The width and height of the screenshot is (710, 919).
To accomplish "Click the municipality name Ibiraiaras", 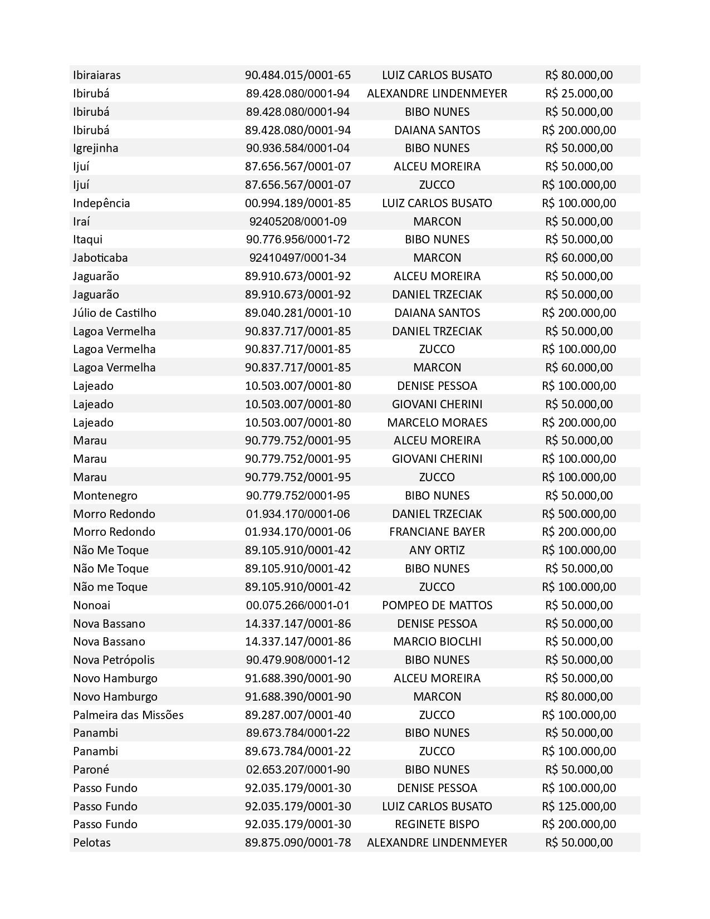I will (96, 75).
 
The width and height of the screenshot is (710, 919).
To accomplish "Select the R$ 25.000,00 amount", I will (579, 93).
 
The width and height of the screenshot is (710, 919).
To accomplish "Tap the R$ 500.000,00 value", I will (579, 514).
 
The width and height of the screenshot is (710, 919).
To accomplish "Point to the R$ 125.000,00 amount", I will (579, 806).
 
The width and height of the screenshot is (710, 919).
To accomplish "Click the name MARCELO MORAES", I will (437, 422).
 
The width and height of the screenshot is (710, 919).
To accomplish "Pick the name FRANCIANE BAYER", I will (437, 532).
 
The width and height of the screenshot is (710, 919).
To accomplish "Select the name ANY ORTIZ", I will (437, 550).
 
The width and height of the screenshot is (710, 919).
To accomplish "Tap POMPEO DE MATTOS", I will (437, 605).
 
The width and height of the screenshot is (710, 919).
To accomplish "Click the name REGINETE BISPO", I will (437, 824).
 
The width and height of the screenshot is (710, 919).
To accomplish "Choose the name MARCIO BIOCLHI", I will (437, 642).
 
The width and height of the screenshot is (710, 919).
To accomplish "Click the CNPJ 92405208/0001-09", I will (298, 221).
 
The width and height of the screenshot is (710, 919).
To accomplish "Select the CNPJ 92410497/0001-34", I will (298, 258).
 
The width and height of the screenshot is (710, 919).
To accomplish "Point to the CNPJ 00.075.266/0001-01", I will (298, 605).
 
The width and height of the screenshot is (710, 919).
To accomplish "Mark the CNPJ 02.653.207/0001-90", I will (298, 770).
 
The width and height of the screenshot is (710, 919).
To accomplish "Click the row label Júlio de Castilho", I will (114, 312).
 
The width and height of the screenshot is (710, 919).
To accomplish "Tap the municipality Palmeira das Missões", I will (128, 715).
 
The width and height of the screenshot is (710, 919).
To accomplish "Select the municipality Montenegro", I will (105, 496).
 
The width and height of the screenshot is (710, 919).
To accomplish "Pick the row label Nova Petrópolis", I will (114, 660).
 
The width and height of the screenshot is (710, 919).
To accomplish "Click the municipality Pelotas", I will (91, 843).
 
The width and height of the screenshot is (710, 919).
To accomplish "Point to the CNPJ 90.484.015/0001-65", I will (298, 75).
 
